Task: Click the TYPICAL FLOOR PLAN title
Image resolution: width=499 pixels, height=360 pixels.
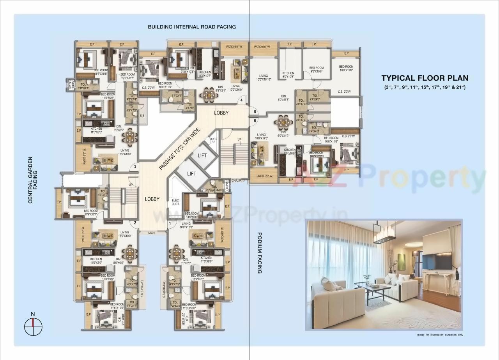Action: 425,78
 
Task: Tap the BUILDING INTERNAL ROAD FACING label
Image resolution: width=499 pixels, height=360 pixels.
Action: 191,27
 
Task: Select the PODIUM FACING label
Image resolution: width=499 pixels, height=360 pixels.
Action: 259,253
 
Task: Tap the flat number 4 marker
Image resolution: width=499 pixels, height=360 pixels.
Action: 242,101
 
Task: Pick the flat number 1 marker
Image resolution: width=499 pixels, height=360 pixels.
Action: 170,223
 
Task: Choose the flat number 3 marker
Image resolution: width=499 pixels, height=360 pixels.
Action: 134,167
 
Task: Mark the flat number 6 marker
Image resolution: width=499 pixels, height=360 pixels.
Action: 255,121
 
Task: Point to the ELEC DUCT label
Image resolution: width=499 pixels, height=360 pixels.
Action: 175,202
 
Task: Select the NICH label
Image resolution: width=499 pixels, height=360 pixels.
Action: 152,233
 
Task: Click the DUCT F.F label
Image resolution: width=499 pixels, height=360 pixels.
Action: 213,141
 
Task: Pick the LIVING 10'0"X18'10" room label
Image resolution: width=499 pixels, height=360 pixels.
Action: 264,78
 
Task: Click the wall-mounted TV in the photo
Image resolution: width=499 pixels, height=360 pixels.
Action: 437,260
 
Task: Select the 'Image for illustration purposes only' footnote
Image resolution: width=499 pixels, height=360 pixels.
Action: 439,335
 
